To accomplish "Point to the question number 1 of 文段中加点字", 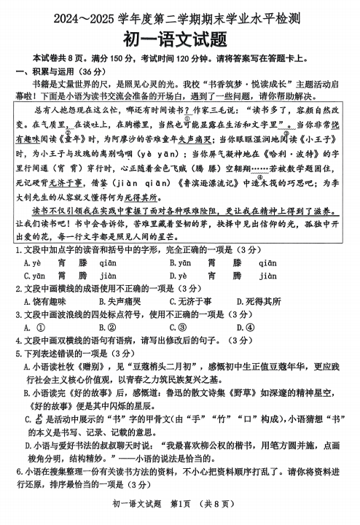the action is [x=17, y=250].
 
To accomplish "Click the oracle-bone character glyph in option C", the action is [x=38, y=419].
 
